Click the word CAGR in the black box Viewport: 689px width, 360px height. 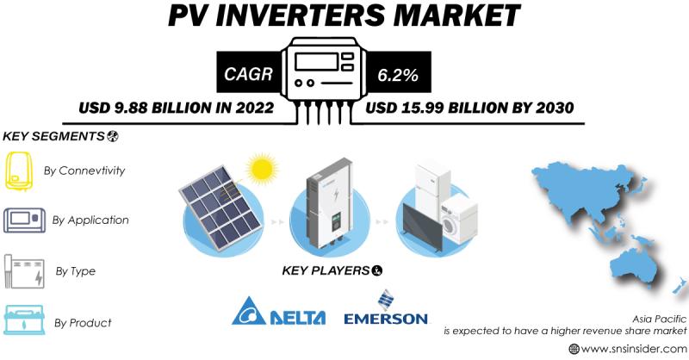(248, 74)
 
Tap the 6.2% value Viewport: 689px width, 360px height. (398, 75)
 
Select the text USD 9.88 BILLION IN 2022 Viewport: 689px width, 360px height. (177, 108)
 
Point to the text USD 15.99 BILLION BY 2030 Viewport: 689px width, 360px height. (469, 108)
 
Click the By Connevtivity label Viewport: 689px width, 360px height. (84, 171)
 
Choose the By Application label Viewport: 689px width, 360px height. (90, 220)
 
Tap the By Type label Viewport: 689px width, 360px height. (76, 271)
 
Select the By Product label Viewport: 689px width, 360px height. (83, 323)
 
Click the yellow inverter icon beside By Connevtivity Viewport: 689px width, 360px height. (18, 171)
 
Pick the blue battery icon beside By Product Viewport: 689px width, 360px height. (24, 320)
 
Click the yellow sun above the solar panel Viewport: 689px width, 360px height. (262, 169)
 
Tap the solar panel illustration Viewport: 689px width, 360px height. (221, 207)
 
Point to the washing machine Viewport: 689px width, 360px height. (459, 219)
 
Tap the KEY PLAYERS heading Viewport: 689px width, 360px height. (332, 270)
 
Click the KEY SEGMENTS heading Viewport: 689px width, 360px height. (60, 136)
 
